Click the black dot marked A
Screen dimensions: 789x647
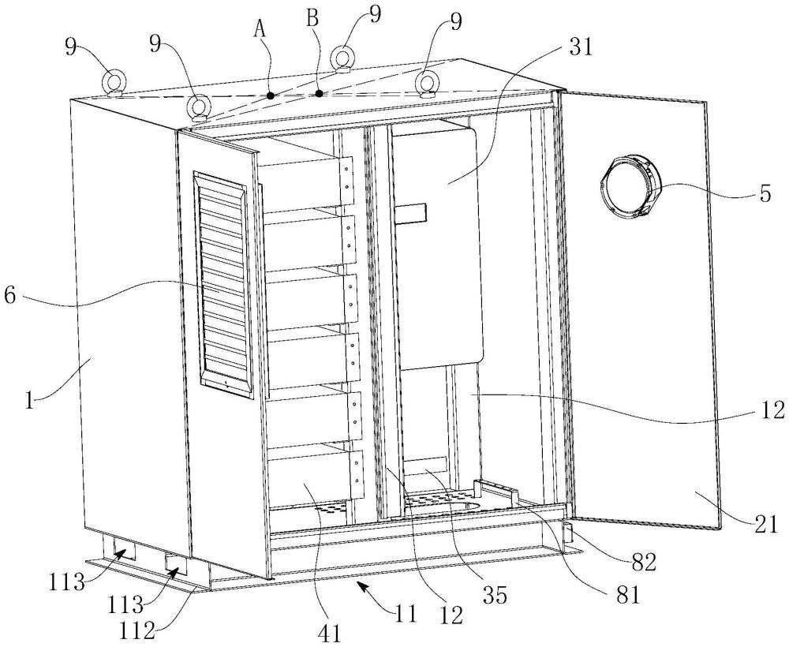271,95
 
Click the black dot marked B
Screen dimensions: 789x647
319,93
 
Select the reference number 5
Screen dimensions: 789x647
765,194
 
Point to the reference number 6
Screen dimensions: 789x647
9,295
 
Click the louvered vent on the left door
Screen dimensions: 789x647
223,284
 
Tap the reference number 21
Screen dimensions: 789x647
765,525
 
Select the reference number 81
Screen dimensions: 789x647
626,594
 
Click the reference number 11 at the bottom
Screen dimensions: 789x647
405,613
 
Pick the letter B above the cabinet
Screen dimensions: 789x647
312,19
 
